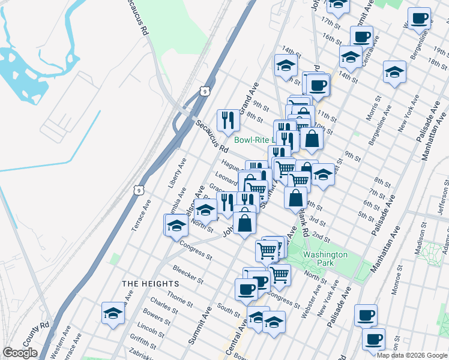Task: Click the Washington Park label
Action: (x=325, y=259)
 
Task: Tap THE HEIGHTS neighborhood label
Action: (x=150, y=283)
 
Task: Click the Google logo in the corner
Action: (x=20, y=353)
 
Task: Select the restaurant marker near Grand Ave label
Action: (x=228, y=120)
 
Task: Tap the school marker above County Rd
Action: (x=113, y=313)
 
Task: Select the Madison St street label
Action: (x=423, y=236)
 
